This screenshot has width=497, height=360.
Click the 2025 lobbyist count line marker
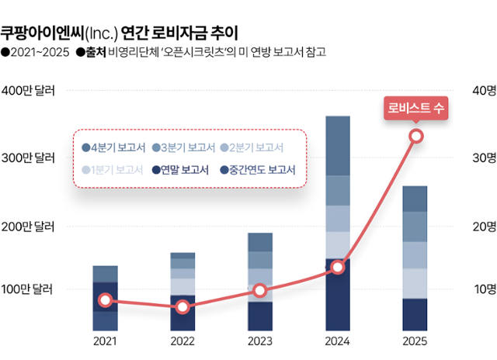[x=415, y=136]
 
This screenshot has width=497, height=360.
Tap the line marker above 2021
[x=105, y=300]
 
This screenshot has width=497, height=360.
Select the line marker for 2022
[x=182, y=307]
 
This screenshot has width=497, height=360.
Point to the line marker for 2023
[x=260, y=291]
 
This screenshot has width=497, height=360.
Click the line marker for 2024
[x=337, y=267]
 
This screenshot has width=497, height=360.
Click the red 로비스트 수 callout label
[x=415, y=109]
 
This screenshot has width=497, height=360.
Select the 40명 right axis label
[x=484, y=91]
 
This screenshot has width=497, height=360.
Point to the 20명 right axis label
[x=484, y=227]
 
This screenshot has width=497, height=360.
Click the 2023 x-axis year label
[x=260, y=341]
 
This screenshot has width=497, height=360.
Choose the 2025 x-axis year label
[x=415, y=341]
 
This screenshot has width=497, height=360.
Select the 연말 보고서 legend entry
[x=180, y=171]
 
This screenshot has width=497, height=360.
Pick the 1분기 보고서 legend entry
[x=112, y=171]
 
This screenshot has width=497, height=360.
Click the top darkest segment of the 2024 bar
[x=337, y=145]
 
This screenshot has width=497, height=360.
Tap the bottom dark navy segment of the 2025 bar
[x=415, y=313]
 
